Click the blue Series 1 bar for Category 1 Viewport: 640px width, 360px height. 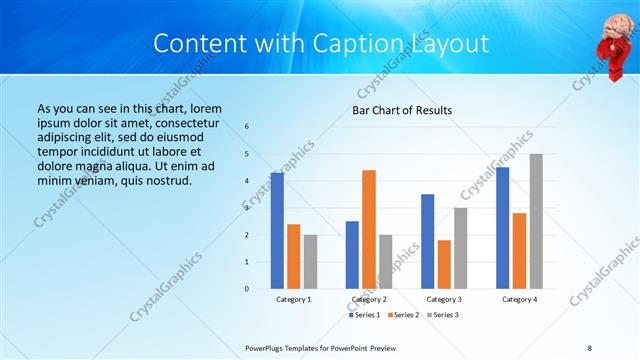coord(277,231)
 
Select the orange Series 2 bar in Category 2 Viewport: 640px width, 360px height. coord(369,229)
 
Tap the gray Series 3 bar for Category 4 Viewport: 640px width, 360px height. coord(536,221)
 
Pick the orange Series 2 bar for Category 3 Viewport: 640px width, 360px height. coord(444,264)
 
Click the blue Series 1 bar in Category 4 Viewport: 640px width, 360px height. coord(502,228)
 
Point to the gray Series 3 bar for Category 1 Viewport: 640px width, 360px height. coord(311,261)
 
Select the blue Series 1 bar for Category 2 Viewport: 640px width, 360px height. coord(352,255)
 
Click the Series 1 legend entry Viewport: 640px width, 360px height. coord(364,315)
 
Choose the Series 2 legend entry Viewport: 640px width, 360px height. coord(403,315)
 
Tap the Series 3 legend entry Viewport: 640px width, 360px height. coord(442,315)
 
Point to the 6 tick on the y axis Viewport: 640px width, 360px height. coord(247,127)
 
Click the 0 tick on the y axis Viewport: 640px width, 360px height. coord(247,289)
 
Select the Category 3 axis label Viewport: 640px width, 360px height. coord(444,299)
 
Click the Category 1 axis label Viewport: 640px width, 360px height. coord(294,299)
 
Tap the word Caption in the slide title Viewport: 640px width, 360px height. coord(347,44)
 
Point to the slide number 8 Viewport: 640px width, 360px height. coord(589,346)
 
